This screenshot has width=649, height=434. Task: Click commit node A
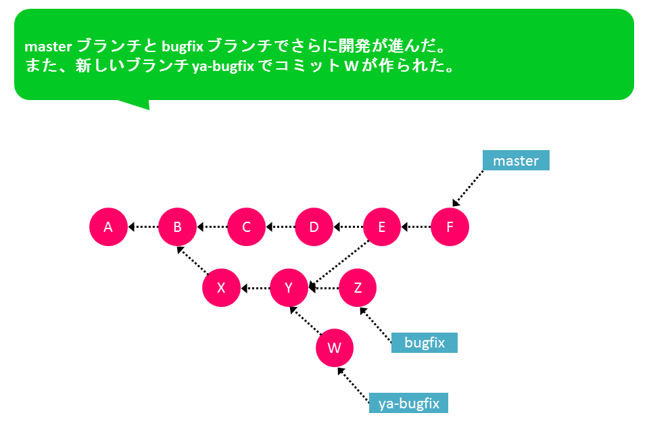point(108,226)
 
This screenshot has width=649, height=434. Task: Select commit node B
point(177,226)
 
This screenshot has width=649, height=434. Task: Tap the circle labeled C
point(246,226)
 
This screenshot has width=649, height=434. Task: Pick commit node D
point(314,226)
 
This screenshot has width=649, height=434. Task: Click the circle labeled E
point(381,226)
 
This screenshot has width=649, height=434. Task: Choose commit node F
point(450,226)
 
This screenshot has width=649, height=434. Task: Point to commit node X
point(222,287)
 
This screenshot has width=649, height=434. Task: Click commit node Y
point(289,287)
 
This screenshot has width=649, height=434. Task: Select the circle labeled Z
point(358,287)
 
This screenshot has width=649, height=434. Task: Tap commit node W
point(335,348)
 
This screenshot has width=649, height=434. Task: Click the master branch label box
point(516,160)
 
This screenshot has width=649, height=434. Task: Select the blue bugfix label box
point(425,343)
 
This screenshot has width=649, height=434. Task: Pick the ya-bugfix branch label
point(408,403)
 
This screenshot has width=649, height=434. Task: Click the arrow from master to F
point(468,188)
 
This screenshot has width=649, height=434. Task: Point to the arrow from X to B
point(193,260)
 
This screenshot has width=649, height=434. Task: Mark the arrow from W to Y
point(306,320)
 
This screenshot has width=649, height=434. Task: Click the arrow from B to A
point(143,226)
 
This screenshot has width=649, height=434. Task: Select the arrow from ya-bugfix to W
point(353,385)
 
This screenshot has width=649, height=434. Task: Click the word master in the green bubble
point(48,47)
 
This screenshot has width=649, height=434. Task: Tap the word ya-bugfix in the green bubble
point(223,66)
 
